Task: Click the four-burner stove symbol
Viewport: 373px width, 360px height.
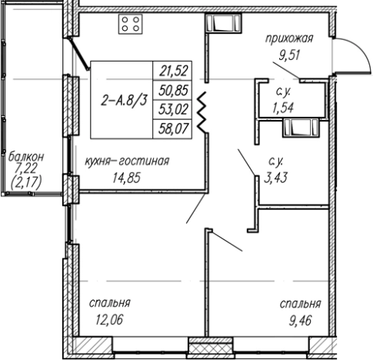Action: click(131, 24)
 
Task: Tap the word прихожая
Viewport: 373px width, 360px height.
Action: click(289, 39)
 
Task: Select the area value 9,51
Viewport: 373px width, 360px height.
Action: click(289, 55)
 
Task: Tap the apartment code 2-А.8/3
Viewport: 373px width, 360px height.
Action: click(125, 101)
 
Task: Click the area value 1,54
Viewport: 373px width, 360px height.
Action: click(283, 108)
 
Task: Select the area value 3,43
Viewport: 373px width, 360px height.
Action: click(275, 178)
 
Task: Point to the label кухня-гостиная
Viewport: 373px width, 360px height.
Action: click(127, 162)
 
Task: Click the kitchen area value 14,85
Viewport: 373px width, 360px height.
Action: click(127, 178)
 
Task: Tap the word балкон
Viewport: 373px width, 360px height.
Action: click(26, 157)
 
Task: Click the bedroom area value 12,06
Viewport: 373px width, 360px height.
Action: click(109, 320)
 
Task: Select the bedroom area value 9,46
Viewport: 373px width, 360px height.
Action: click(301, 321)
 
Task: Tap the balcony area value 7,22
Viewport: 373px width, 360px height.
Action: click(26, 169)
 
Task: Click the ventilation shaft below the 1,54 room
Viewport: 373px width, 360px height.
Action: click(301, 128)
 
